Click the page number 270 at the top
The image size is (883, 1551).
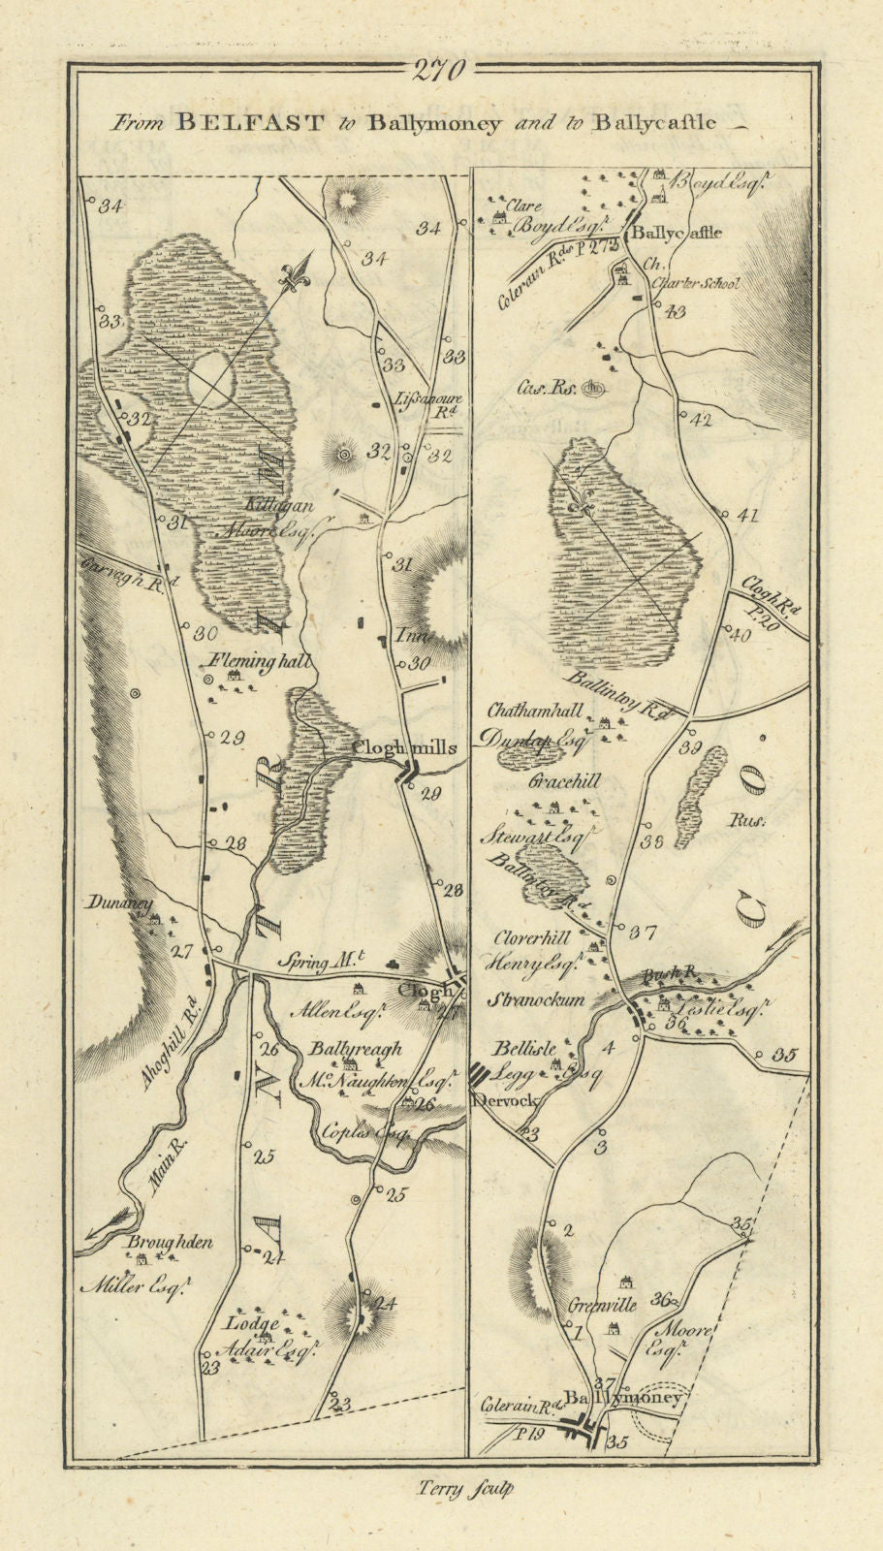click(440, 70)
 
